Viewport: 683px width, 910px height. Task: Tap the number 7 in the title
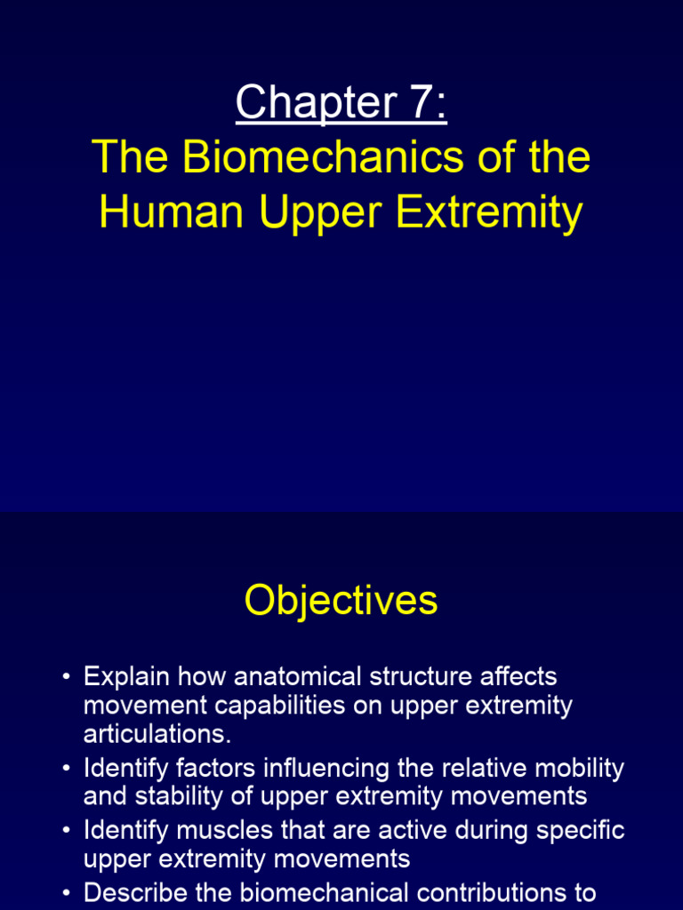(x=416, y=102)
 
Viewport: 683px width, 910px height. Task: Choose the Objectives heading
(x=341, y=601)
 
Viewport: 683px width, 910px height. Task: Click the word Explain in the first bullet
(x=127, y=676)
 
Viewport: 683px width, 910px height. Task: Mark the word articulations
(x=157, y=735)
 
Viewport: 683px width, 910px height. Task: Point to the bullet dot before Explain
(x=66, y=678)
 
